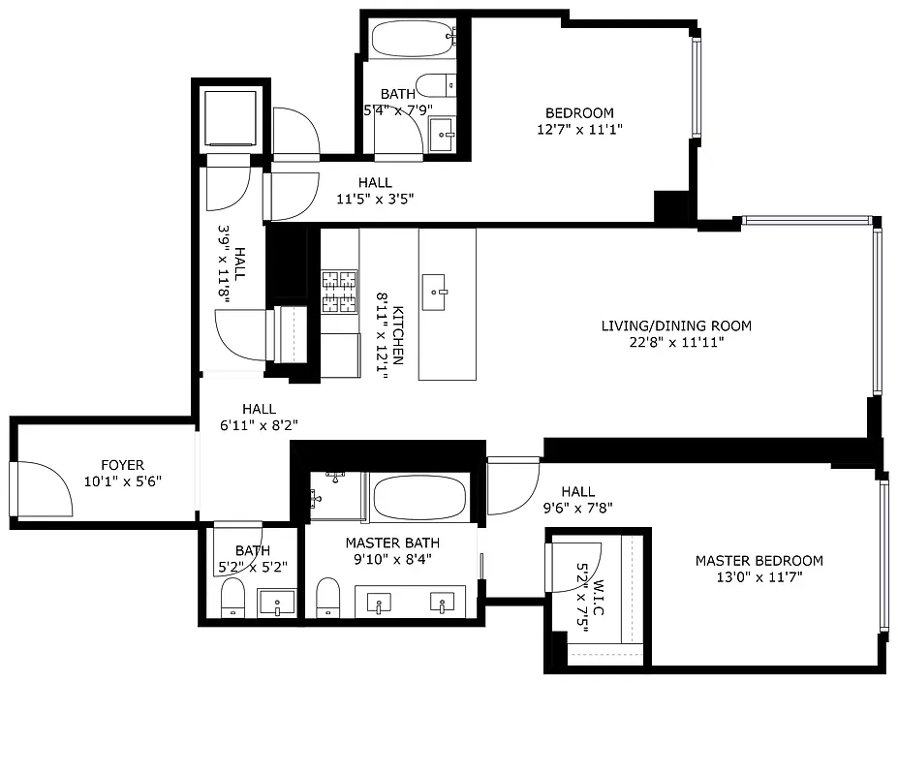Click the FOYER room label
pos(122,465)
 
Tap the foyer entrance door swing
pos(45,489)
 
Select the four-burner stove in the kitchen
pos(339,292)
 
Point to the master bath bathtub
pos(419,498)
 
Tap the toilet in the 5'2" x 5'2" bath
pos(233,599)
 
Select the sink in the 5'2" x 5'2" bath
pos(277,603)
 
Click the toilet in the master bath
pos(328,597)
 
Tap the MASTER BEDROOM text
pos(759,560)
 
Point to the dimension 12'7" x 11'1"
pos(579,129)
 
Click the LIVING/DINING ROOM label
pos(675,325)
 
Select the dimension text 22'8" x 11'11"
pos(675,341)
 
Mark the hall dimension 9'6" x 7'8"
pos(576,507)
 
